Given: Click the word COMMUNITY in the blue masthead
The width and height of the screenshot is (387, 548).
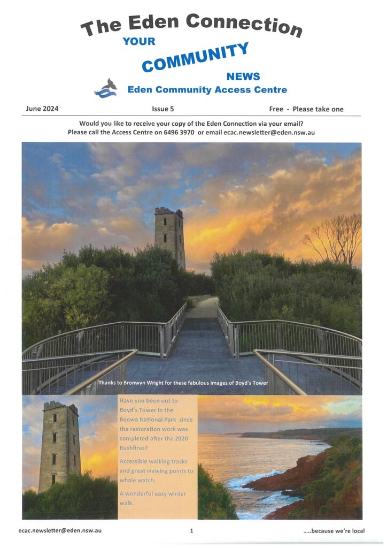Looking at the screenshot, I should point(195,57).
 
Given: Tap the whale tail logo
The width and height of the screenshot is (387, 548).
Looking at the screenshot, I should point(106,88).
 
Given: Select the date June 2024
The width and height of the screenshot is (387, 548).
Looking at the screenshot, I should point(42,109).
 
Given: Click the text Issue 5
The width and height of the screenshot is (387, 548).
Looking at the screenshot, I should point(163,109).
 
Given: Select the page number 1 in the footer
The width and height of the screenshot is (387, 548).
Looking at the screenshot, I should point(191,531).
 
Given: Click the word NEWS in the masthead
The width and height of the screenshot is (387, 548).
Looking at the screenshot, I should point(243,77).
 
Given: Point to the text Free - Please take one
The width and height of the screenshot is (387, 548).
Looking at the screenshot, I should point(306,109).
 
